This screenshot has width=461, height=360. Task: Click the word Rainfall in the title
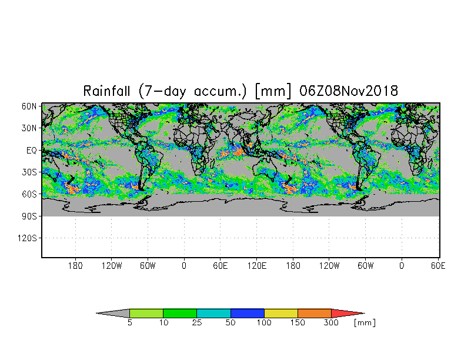point(108,91)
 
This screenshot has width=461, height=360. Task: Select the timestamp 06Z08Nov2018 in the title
point(349,91)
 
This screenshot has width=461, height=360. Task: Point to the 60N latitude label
point(29,106)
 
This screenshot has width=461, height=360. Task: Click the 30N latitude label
point(29,128)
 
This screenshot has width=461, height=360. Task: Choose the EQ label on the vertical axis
point(32,150)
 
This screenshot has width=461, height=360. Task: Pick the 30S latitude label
point(29,172)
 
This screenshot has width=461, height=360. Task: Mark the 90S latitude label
point(29,216)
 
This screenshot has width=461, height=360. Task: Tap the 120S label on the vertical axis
point(27,238)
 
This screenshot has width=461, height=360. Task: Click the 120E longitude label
point(256,266)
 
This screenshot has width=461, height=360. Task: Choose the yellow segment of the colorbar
point(281,313)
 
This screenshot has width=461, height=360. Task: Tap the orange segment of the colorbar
point(315,313)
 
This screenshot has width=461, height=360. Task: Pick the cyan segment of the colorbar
point(213,313)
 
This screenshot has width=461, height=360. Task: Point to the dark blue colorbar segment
point(248,313)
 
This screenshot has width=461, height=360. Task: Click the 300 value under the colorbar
point(332,323)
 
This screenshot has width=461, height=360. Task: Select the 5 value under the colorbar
point(129,323)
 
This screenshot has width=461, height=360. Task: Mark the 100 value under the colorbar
point(264,323)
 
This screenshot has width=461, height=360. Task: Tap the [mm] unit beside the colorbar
point(365,323)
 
